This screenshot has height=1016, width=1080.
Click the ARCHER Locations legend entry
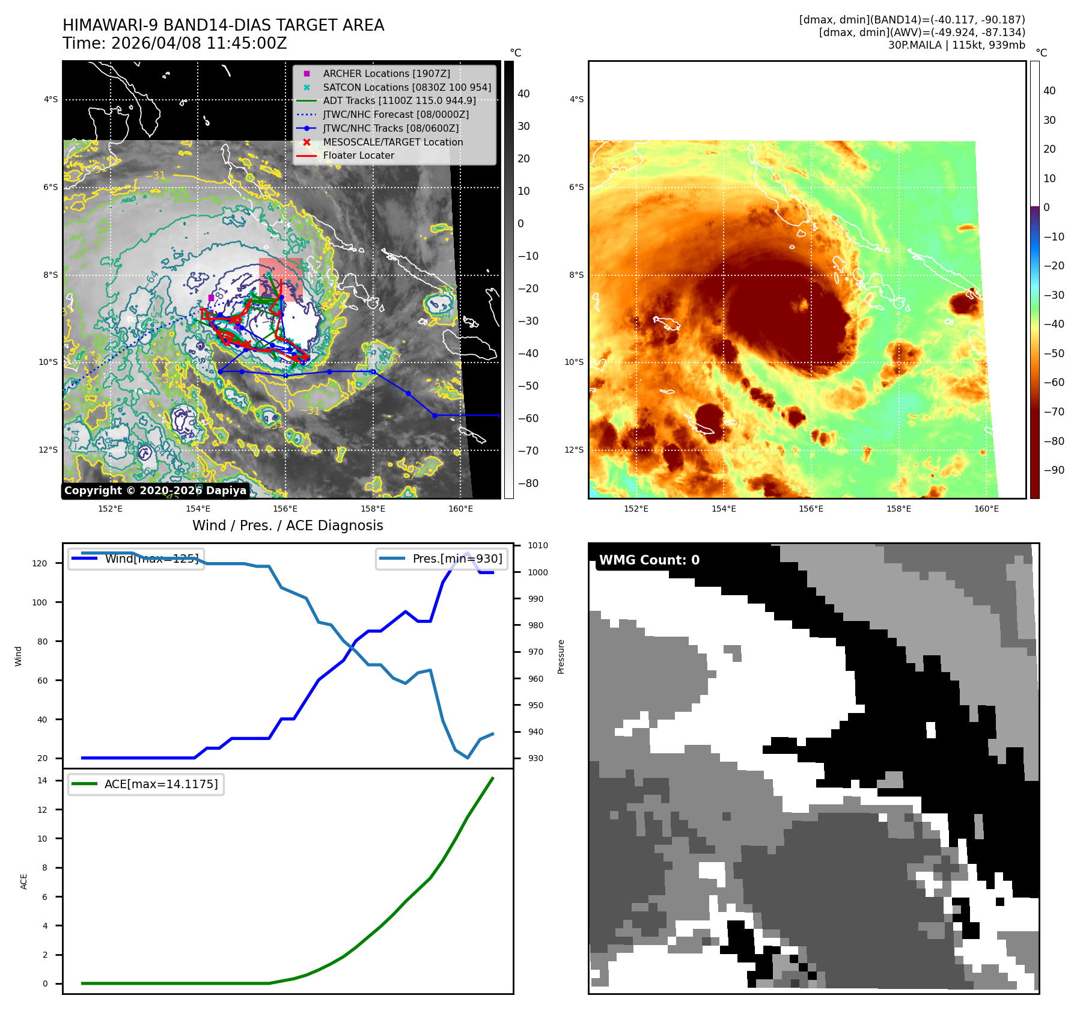[386, 73]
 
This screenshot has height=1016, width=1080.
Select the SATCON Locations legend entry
[406, 87]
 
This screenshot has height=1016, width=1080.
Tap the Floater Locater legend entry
[358, 155]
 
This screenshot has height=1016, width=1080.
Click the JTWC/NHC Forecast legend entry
[395, 114]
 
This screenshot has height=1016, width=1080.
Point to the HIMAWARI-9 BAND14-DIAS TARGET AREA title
[223, 25]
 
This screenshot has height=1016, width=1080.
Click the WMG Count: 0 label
[648, 560]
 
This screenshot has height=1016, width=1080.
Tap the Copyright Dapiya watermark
[155, 490]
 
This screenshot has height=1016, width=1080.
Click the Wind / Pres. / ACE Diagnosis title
[287, 525]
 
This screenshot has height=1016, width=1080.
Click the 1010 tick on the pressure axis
[537, 545]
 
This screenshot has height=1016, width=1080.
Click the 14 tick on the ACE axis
[42, 780]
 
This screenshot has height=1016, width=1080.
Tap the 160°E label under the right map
[986, 509]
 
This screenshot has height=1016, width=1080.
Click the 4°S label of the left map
[50, 99]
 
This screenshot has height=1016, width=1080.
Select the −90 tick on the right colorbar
[1054, 470]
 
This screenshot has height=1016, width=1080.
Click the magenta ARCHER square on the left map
[211, 298]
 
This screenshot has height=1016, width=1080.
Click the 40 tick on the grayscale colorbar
[523, 93]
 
